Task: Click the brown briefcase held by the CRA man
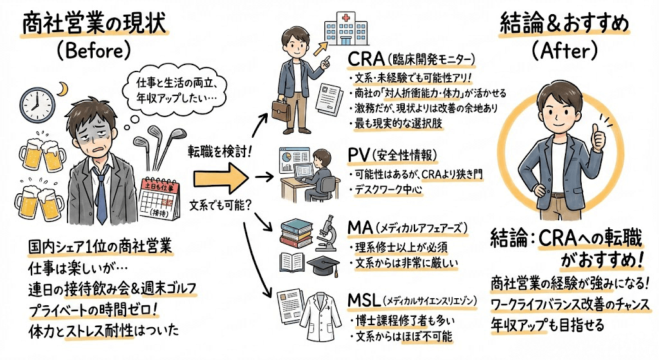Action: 281,110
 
